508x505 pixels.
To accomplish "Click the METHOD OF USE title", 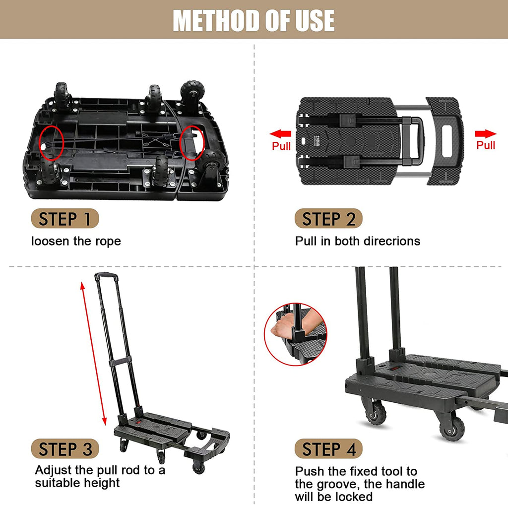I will click(x=254, y=20).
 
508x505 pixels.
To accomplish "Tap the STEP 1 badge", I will click(x=65, y=219).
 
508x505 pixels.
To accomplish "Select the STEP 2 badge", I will click(x=328, y=219).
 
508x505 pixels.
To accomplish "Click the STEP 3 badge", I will click(x=65, y=449).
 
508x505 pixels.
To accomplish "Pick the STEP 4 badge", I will click(x=328, y=449).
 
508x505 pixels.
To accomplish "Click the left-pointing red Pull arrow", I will click(x=281, y=133).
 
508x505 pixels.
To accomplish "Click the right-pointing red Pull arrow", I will click(x=485, y=133).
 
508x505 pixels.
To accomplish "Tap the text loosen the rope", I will click(x=76, y=242).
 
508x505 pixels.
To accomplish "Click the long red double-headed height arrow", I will click(x=92, y=353).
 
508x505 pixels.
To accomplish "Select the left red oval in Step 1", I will click(x=51, y=141).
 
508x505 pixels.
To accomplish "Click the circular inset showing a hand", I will click(x=296, y=334).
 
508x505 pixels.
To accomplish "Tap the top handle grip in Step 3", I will click(x=106, y=276).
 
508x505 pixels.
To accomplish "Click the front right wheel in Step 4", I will click(x=451, y=428).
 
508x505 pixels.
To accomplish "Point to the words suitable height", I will click(x=77, y=483).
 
